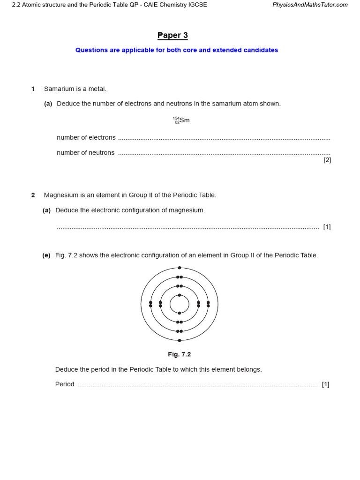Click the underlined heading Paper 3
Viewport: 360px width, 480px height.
tap(172, 36)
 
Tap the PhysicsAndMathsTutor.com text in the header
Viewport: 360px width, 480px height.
tap(310, 5)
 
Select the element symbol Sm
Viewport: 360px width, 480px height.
tap(185, 120)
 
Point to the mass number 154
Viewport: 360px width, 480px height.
tap(176, 118)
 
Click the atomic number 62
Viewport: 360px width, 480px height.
tap(177, 122)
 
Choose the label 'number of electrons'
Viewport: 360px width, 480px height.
tap(86, 137)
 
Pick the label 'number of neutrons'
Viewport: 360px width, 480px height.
tap(85, 152)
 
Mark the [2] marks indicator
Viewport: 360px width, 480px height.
tap(327, 160)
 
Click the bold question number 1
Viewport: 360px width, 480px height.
tap(33, 89)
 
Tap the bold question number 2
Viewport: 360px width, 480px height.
tap(33, 195)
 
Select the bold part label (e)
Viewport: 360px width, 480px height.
tap(46, 255)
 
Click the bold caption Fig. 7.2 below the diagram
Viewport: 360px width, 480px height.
tap(180, 354)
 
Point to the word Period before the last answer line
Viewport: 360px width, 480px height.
tap(65, 384)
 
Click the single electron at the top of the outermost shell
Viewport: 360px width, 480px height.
tap(180, 268)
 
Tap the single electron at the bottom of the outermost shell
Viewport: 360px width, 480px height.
tap(180, 340)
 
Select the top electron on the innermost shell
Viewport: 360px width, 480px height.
tap(180, 295)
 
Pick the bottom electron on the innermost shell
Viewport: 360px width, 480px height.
tap(180, 313)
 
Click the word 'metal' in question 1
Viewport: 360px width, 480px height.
tap(97, 89)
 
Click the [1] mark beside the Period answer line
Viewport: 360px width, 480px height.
tap(325, 384)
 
